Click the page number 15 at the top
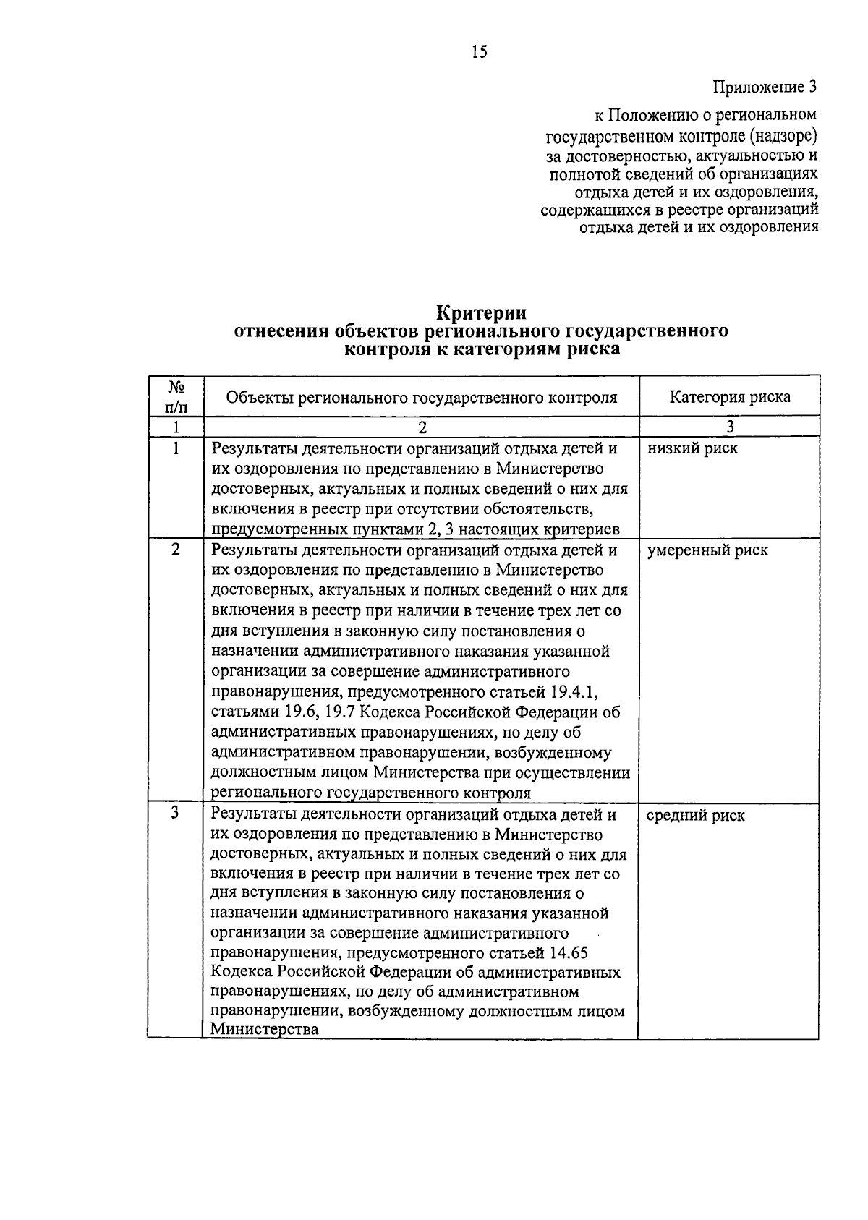(x=480, y=51)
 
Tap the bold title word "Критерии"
(x=481, y=313)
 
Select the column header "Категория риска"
(x=729, y=397)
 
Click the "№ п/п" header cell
(x=176, y=397)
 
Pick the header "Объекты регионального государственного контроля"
(x=422, y=397)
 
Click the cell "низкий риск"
(x=692, y=448)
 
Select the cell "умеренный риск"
(x=707, y=550)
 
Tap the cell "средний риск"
(x=695, y=816)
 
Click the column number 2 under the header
(x=422, y=427)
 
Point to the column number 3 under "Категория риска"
(x=729, y=427)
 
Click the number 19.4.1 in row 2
(x=573, y=692)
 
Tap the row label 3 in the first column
(x=176, y=814)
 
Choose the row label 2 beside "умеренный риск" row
(x=176, y=549)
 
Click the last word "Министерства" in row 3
(x=265, y=1030)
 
